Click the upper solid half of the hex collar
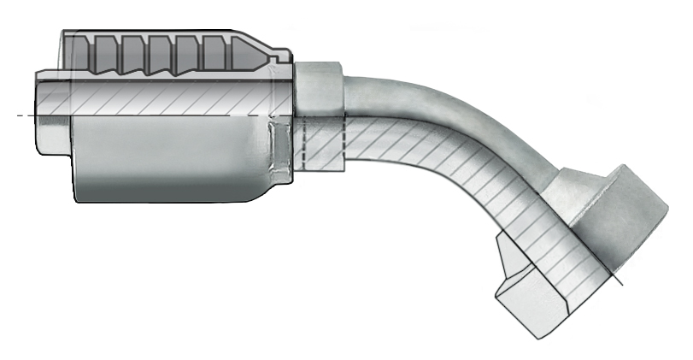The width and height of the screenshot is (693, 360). (320, 86)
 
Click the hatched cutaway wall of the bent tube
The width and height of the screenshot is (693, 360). (444, 162)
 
